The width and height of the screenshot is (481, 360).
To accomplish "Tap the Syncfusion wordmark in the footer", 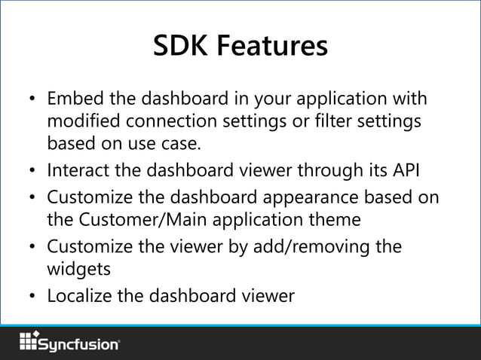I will [x=79, y=344].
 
